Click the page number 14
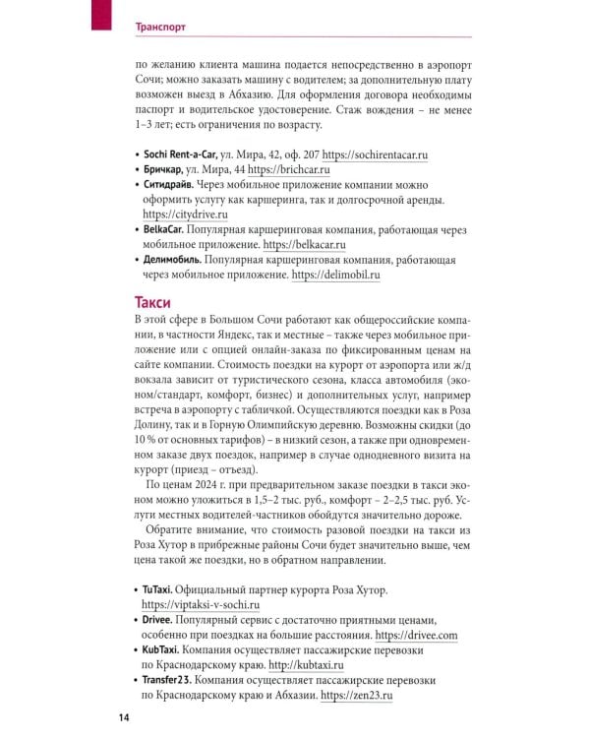point(125,716)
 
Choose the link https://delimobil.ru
point(335,277)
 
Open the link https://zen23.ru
point(357,695)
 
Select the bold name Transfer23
point(173,680)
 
